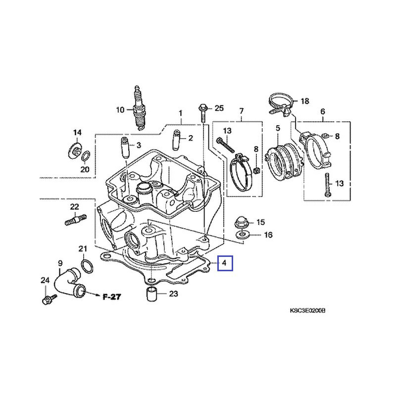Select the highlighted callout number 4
[x=225, y=263]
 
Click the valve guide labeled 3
[x=123, y=148]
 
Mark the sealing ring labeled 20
[x=85, y=157]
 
